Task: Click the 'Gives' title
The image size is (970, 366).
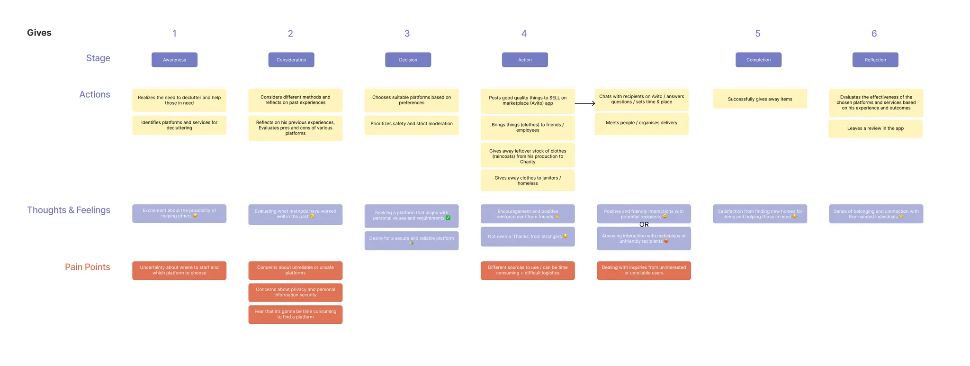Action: click(x=39, y=33)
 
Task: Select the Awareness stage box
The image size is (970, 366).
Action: click(x=174, y=60)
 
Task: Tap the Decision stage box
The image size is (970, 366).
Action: click(x=408, y=60)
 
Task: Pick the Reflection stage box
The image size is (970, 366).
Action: click(x=875, y=60)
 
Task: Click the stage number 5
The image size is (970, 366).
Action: click(x=757, y=34)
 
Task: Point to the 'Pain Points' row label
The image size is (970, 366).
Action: click(x=87, y=267)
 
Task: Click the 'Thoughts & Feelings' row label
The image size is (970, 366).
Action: click(x=69, y=210)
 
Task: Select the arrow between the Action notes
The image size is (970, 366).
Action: click(x=585, y=103)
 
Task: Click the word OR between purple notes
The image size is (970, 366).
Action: click(x=644, y=225)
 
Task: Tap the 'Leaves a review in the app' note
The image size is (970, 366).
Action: click(x=875, y=128)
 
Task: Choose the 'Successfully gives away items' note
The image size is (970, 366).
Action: click(x=760, y=99)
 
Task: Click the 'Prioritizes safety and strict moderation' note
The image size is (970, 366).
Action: click(x=411, y=124)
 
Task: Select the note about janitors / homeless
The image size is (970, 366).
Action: click(x=528, y=181)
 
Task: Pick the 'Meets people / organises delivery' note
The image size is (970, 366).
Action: click(x=641, y=123)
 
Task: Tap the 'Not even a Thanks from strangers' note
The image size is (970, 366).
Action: click(x=528, y=237)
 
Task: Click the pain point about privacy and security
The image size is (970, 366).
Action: click(x=295, y=293)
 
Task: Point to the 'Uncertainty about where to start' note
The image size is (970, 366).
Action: click(x=179, y=270)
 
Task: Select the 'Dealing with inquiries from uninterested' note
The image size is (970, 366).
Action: click(x=643, y=270)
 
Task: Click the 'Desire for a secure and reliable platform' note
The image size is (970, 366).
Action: click(x=411, y=240)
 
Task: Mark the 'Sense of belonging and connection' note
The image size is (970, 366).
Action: click(x=875, y=214)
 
